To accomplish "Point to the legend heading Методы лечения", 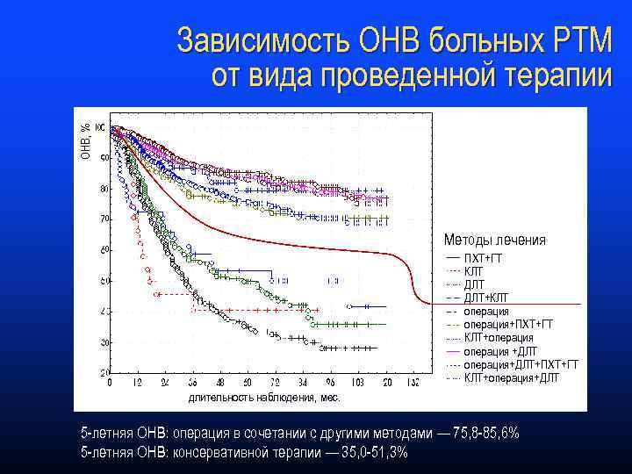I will click(x=494, y=240).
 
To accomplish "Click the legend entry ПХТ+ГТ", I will click(x=483, y=258).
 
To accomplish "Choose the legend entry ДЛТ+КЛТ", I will click(x=485, y=298).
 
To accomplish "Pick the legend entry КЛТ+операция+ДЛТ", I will click(x=511, y=377).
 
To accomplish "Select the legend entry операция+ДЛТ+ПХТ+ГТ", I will click(x=521, y=364).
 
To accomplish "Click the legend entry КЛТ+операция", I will click(x=498, y=338).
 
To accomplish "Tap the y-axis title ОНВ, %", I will click(x=86, y=140).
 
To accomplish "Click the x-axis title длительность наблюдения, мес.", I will click(x=264, y=398).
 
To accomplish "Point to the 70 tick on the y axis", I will click(x=104, y=219).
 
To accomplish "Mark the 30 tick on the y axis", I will click(x=104, y=341).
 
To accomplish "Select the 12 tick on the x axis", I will click(x=136, y=384).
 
